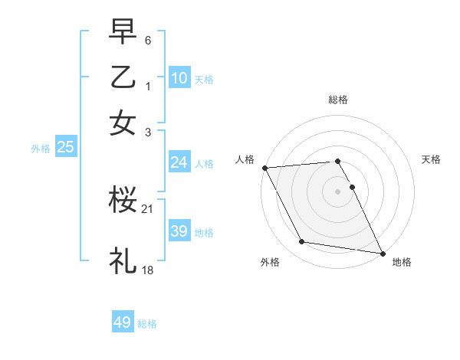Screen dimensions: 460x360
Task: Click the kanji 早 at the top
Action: [x=123, y=31]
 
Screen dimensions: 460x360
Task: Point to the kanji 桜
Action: [x=123, y=201]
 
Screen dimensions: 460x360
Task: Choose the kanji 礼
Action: [x=123, y=260]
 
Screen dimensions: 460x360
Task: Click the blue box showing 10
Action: [x=179, y=78]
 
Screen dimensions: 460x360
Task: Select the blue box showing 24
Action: [x=179, y=162]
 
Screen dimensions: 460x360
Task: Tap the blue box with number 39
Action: [x=179, y=231]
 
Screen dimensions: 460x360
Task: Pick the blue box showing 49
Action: [x=123, y=322]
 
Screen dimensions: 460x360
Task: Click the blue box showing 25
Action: [x=65, y=147]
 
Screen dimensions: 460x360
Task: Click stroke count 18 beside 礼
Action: [x=148, y=270]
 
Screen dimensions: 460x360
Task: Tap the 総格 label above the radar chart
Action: [x=338, y=100]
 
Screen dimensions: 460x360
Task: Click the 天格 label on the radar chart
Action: [x=432, y=159]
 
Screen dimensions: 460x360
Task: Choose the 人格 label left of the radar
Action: [x=245, y=159]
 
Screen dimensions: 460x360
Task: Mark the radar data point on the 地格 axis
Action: [x=382, y=253]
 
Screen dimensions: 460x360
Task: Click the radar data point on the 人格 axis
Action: [x=264, y=167]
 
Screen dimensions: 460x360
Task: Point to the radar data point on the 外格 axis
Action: [x=301, y=242]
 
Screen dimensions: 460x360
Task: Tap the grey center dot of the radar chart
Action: [x=338, y=191]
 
